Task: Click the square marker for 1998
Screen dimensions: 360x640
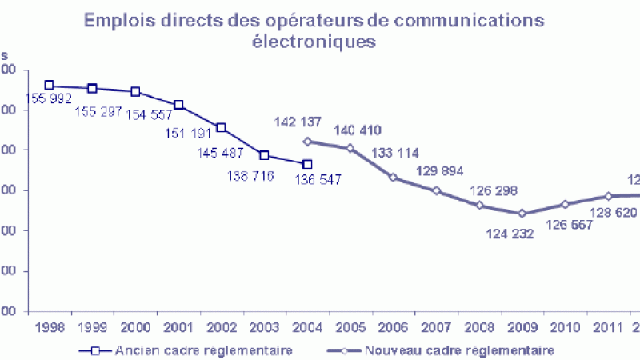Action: pos(49,85)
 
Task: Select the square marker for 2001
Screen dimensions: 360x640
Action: pos(178,105)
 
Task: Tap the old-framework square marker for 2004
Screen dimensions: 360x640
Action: pos(307,164)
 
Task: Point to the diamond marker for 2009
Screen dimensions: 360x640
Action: pos(522,214)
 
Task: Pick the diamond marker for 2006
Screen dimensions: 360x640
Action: pos(394,177)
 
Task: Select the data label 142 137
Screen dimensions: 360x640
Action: pos(297,122)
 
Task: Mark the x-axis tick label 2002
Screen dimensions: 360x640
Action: pos(221,328)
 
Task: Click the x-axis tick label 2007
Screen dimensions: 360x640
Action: pos(436,328)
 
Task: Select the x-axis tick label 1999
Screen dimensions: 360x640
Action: pos(92,328)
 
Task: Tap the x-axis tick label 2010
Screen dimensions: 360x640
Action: pos(566,328)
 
